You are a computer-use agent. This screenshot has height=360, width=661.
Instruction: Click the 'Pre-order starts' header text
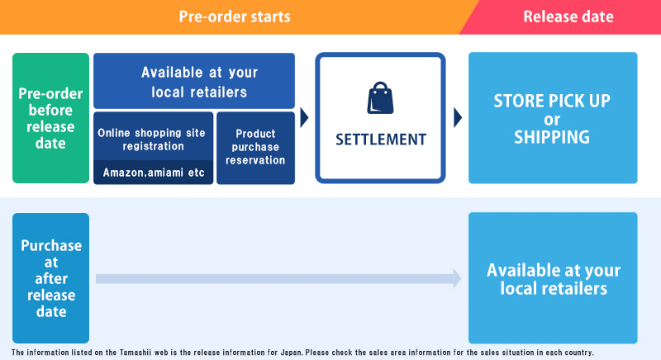235,17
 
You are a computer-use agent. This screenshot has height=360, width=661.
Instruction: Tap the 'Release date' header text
568,17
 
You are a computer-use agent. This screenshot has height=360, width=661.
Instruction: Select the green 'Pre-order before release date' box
50,118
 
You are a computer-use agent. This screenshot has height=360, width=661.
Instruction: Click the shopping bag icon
380,98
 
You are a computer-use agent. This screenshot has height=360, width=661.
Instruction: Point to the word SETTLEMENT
381,140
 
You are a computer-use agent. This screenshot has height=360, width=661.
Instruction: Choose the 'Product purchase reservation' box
255,148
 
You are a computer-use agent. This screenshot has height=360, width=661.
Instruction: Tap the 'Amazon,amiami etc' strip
154,173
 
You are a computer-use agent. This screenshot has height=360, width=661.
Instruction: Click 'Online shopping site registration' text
152,140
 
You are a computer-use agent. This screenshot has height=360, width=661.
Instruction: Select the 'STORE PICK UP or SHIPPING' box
553,118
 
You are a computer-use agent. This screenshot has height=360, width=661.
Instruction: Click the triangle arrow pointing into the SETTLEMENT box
304,117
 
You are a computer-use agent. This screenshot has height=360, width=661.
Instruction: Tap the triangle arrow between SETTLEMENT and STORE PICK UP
458,117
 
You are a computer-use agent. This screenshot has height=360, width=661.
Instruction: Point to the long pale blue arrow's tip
461,278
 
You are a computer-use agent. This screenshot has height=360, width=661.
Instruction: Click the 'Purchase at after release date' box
50,278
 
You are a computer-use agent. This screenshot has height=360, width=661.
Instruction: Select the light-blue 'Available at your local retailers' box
553,278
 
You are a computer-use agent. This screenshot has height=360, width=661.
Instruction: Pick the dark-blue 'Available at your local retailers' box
194,81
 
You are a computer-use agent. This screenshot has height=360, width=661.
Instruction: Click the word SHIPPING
552,137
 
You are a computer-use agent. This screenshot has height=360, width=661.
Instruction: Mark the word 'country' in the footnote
578,353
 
